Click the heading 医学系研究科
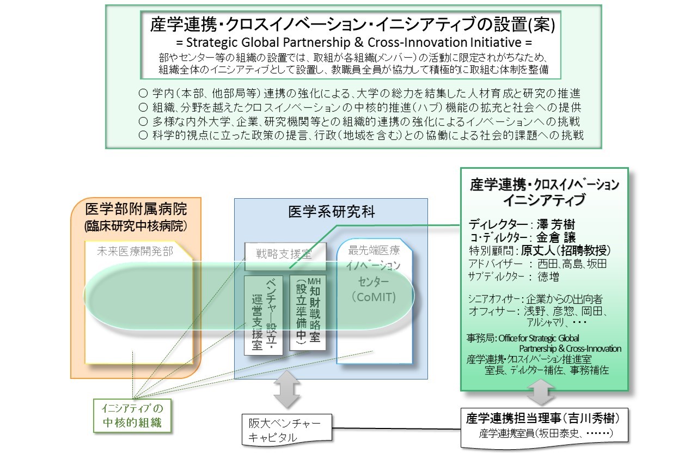pyautogui.click(x=331, y=212)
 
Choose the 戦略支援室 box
pyautogui.click(x=285, y=253)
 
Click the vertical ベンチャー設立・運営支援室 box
pyautogui.click(x=264, y=315)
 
